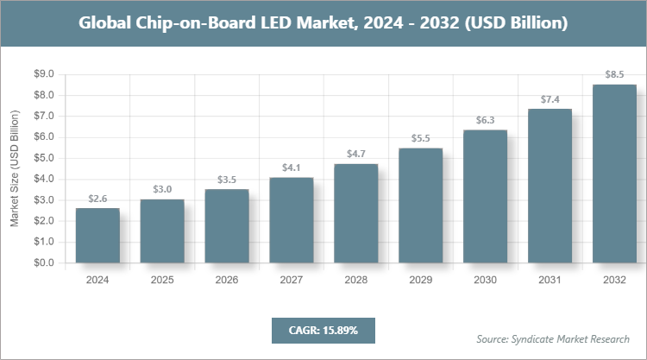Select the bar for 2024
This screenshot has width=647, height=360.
tap(97, 235)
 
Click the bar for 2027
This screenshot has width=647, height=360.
tap(292, 219)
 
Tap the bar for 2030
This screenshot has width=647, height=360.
tap(486, 196)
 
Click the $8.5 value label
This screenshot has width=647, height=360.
tap(614, 75)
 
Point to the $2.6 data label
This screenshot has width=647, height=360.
tap(97, 199)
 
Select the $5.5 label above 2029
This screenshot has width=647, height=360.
tap(421, 138)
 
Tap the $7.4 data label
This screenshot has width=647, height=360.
tap(550, 99)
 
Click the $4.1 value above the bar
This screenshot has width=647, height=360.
tap(292, 167)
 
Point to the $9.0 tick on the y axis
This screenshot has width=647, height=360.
tap(44, 74)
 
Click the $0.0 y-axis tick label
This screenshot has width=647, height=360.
tap(44, 262)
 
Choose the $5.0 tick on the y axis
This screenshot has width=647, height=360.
tap(44, 158)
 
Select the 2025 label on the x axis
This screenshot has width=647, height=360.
tap(162, 281)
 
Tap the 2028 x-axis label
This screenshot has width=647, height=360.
tap(356, 281)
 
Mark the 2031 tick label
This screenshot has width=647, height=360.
tap(550, 281)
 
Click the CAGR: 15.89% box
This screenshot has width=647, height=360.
tap(323, 331)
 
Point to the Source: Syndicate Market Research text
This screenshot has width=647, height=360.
tap(553, 338)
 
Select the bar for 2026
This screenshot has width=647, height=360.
tap(227, 225)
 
